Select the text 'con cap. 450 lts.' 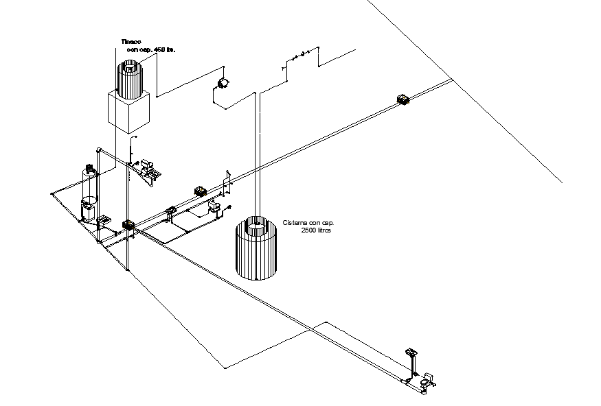click(x=148, y=50)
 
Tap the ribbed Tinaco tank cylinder click(x=128, y=79)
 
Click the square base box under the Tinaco click(x=128, y=111)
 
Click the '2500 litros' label click(x=317, y=231)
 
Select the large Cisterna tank click(x=256, y=248)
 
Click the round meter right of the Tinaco click(x=223, y=84)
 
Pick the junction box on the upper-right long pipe click(x=403, y=100)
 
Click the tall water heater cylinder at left click(x=89, y=182)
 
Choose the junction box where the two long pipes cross click(x=128, y=224)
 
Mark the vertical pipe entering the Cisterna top click(x=257, y=158)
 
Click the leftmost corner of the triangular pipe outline click(x=51, y=194)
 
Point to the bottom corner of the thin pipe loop click(x=225, y=367)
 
